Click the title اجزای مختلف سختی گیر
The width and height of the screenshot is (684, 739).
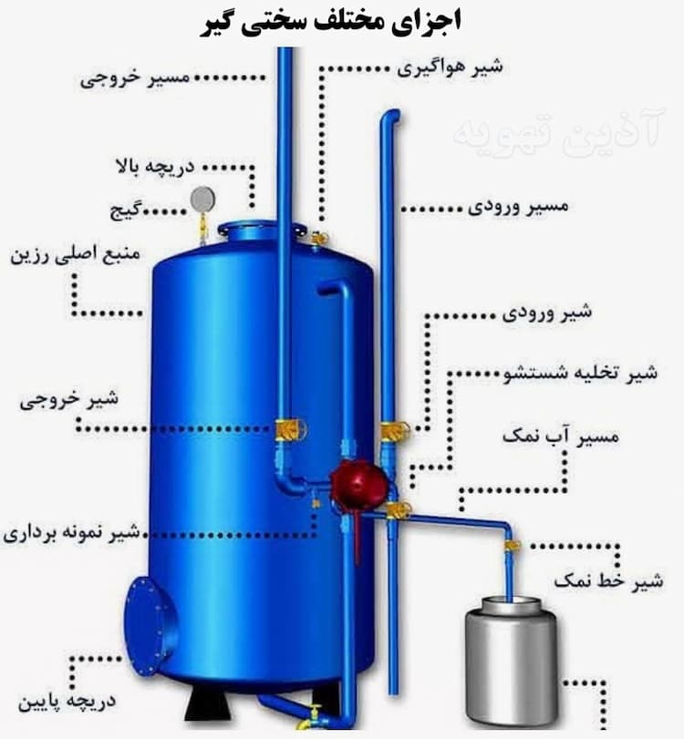point(341,20)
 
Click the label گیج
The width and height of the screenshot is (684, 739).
point(135,210)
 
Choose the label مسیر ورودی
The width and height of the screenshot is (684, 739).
point(519,207)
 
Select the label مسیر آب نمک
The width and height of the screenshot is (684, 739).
point(560,436)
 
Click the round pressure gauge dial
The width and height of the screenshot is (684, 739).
point(202,198)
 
